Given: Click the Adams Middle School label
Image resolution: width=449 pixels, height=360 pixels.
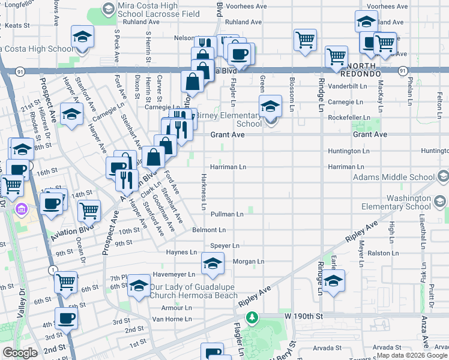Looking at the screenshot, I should pos(394,177).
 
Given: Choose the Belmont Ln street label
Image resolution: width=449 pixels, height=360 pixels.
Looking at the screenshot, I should pos(209,230).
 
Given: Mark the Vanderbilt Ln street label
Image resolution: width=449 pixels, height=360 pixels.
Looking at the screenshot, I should pos(348,86).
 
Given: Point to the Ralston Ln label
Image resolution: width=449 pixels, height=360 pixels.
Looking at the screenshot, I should pos(384,253).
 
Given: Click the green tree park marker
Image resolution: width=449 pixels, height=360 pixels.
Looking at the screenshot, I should pos(253,316).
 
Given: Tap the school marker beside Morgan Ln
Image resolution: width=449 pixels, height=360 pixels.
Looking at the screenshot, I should pos(212,264).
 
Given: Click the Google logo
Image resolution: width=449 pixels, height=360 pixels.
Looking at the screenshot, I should pos(20,352).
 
